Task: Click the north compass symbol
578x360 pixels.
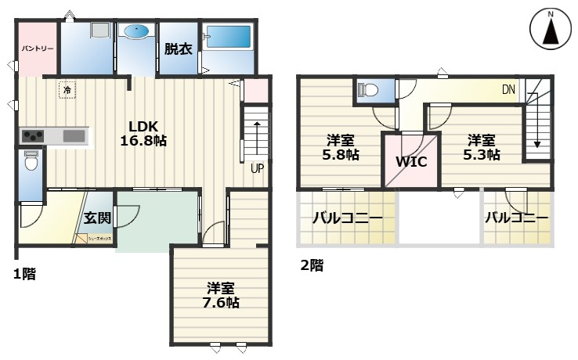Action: pyautogui.click(x=551, y=31)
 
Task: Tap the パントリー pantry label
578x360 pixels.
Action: pyautogui.click(x=37, y=49)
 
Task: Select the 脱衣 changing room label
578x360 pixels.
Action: pyautogui.click(x=178, y=49)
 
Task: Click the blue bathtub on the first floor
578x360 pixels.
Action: pyautogui.click(x=227, y=38)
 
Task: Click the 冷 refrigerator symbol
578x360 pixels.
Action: pyautogui.click(x=67, y=90)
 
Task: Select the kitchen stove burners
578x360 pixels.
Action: pyautogui.click(x=34, y=136)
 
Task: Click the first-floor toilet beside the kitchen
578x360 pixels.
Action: pyautogui.click(x=31, y=162)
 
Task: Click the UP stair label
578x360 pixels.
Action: pyautogui.click(x=256, y=167)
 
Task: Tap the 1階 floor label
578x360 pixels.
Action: pyautogui.click(x=23, y=274)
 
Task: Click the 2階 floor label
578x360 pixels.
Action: pyautogui.click(x=311, y=265)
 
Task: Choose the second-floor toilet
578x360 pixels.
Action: pyautogui.click(x=369, y=91)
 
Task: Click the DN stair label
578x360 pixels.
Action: pyautogui.click(x=508, y=89)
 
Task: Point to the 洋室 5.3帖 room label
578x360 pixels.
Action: pyautogui.click(x=482, y=147)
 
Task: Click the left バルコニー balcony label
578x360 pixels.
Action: pyautogui.click(x=347, y=218)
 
